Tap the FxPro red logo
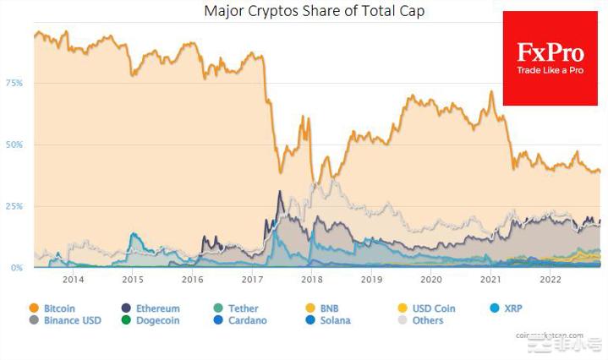click(x=550, y=58)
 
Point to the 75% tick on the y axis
click(x=14, y=84)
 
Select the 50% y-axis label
click(x=14, y=145)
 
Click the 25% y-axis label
click(x=14, y=206)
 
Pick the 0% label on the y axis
click(x=17, y=268)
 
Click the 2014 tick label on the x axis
click(x=73, y=280)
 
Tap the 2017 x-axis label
click(x=252, y=280)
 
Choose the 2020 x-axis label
click(x=431, y=280)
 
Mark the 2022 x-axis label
click(x=550, y=280)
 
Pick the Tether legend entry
click(x=243, y=308)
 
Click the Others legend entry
click(x=427, y=320)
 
